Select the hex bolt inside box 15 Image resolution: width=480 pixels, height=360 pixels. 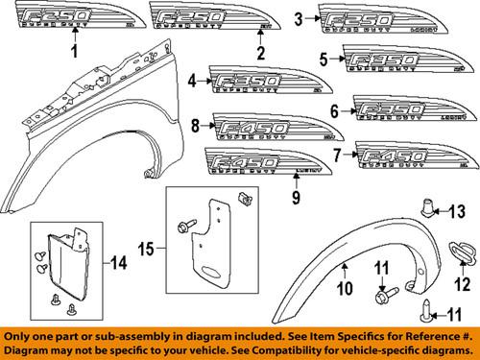(x=182, y=226)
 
